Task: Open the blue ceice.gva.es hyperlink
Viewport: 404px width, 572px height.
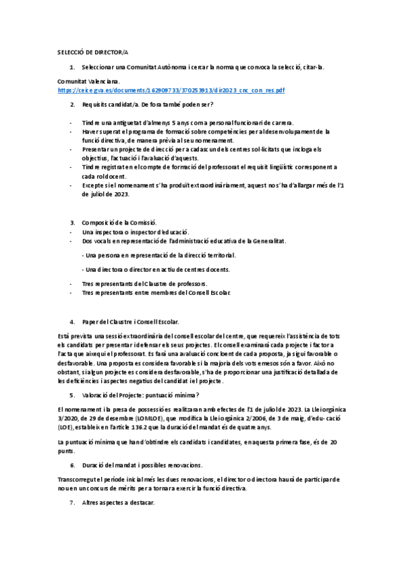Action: [x=171, y=90]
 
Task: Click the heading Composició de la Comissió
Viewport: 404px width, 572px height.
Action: [x=119, y=222]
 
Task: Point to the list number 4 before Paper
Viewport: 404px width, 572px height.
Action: [x=72, y=322]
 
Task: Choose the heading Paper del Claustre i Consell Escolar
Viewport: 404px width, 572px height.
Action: [x=130, y=322]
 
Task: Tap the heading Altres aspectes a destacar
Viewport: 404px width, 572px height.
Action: [x=118, y=503]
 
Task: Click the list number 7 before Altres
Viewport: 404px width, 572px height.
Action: [x=72, y=503]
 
